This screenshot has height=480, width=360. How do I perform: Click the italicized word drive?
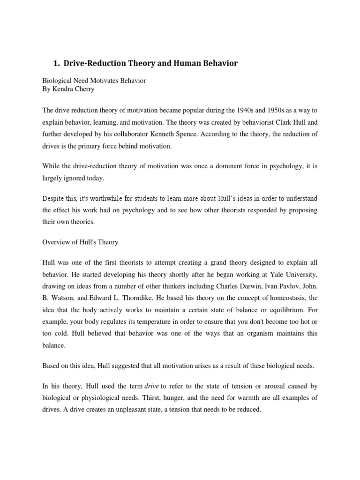[x=151, y=386]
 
